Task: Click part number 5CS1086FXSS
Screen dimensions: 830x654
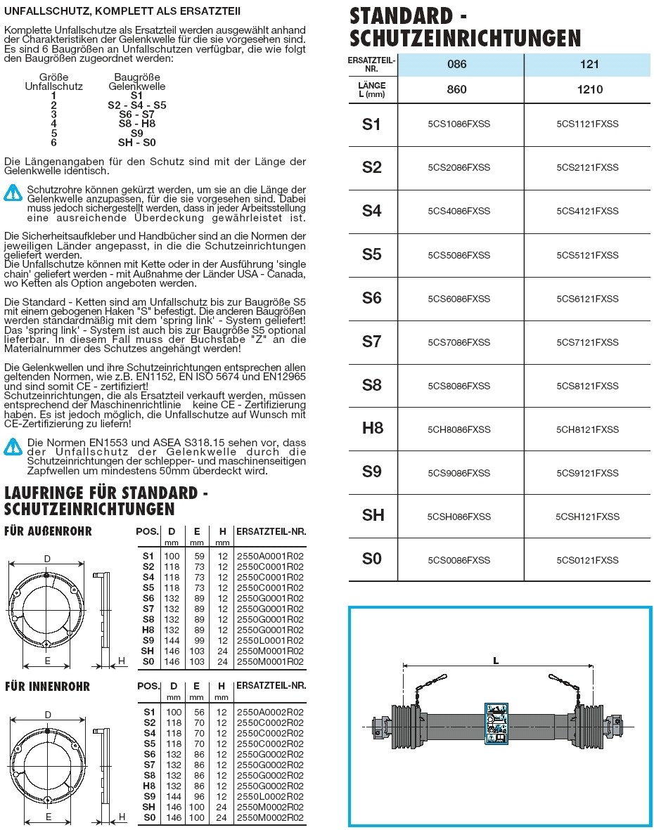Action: [459, 124]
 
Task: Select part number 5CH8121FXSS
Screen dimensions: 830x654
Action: [587, 429]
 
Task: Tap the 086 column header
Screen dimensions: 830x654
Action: [457, 65]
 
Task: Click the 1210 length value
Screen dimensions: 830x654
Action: [589, 89]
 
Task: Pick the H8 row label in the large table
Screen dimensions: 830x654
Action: [372, 429]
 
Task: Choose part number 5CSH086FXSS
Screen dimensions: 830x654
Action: [459, 517]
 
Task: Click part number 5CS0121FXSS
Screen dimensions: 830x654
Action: [587, 560]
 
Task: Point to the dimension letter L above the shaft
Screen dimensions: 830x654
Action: [496, 660]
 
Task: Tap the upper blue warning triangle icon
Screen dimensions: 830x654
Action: [13, 191]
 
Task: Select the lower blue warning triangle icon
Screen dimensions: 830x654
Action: [13, 445]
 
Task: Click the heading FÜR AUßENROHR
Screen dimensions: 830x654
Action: [48, 531]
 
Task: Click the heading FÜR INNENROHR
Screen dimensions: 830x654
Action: [47, 686]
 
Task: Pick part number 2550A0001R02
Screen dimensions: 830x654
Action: [270, 556]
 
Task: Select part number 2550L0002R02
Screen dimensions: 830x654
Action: [270, 796]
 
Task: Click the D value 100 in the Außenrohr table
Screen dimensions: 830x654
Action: [172, 556]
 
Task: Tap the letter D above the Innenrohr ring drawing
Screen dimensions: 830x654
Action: [48, 715]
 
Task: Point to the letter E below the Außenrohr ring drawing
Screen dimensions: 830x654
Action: [47, 661]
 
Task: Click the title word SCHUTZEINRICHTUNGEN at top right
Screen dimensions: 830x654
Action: [465, 37]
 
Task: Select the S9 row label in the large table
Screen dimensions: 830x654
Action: [372, 472]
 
